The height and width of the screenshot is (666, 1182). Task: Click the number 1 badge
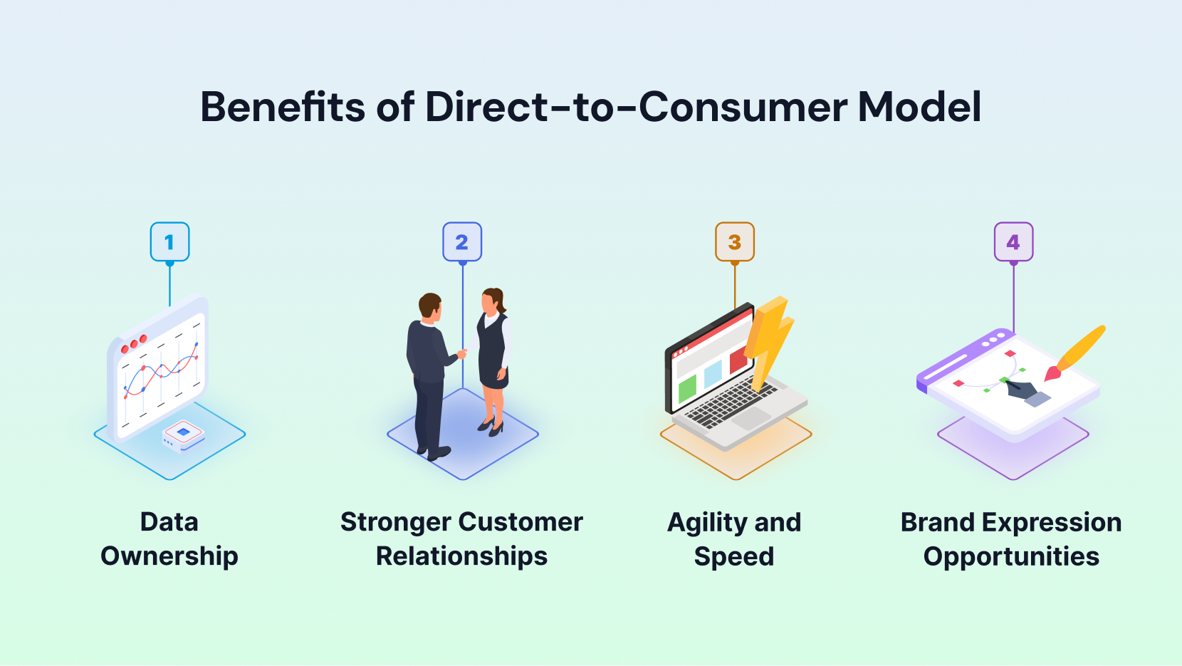169,241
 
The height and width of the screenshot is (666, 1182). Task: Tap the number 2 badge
462,241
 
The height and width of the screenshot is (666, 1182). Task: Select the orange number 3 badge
735,241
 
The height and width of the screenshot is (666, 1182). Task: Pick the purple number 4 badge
1013,241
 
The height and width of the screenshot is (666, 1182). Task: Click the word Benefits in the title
282,107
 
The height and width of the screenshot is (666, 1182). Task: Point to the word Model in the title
919,107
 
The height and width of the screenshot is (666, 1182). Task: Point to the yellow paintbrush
1075,353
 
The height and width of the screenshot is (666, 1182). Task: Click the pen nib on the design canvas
1023,390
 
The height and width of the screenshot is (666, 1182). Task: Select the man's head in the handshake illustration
429,306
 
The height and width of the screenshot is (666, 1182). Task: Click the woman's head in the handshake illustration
493,301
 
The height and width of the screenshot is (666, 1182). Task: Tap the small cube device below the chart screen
183,436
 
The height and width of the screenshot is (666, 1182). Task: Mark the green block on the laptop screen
687,390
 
